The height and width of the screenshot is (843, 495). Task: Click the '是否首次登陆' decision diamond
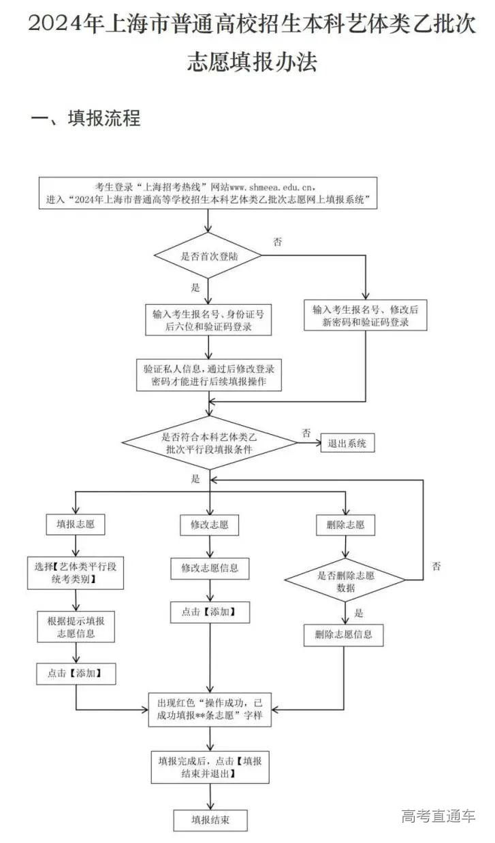[208, 257]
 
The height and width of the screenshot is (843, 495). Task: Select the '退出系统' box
[347, 444]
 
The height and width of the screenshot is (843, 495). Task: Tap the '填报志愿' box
[76, 525]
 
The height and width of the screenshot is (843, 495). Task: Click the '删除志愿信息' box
[343, 635]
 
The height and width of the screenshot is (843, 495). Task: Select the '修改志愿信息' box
[210, 567]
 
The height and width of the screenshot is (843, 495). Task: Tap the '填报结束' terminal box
[209, 819]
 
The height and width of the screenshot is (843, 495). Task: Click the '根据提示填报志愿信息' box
[76, 627]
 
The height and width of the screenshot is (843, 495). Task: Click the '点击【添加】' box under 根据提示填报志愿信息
[76, 674]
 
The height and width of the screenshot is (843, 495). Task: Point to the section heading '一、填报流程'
[86, 118]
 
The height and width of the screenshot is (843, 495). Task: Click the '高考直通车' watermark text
[438, 816]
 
